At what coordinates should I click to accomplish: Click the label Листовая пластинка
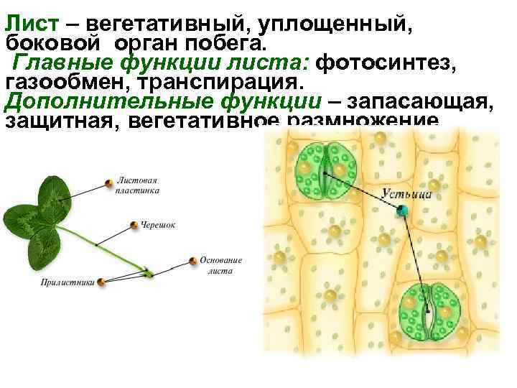pyautogui.click(x=138, y=186)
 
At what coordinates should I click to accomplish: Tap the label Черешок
pyautogui.click(x=158, y=225)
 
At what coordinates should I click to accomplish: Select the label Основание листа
pyautogui.click(x=221, y=265)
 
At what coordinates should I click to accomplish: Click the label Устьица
pyautogui.click(x=406, y=193)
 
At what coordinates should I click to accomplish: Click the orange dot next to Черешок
pyautogui.click(x=134, y=225)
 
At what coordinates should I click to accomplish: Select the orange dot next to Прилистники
pyautogui.click(x=101, y=282)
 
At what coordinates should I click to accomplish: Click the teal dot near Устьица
pyautogui.click(x=403, y=210)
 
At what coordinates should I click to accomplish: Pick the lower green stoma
pyautogui.click(x=429, y=313)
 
